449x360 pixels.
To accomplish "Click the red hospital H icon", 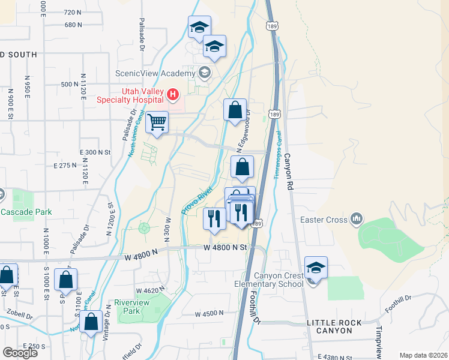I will [173, 94].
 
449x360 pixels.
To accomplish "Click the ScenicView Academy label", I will [155, 74].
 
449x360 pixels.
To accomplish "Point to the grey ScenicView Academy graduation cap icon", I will [205, 73].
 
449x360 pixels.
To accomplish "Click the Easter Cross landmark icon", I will [357, 219].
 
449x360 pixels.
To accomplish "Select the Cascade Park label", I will [26, 212].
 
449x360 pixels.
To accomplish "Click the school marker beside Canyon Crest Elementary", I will [316, 268].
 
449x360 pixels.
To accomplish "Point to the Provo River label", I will [197, 200].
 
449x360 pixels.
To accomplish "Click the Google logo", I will [20, 353].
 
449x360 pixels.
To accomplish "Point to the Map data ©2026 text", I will [423, 355].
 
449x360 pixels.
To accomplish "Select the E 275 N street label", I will [65, 165].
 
